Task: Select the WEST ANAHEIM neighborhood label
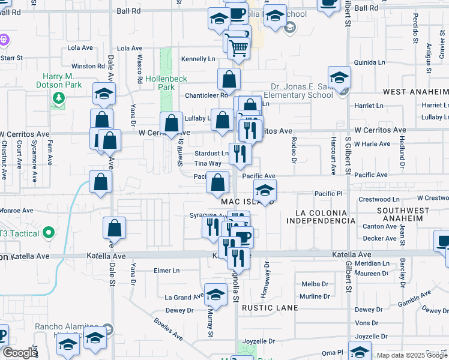(415, 92)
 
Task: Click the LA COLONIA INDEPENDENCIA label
(321, 217)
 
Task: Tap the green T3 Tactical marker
(49, 233)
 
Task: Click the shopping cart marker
(239, 47)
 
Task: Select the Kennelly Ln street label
(198, 59)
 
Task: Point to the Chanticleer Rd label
(206, 95)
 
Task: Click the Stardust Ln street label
(211, 154)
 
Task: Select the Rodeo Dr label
(294, 149)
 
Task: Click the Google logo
(20, 353)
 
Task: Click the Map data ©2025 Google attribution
(412, 355)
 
